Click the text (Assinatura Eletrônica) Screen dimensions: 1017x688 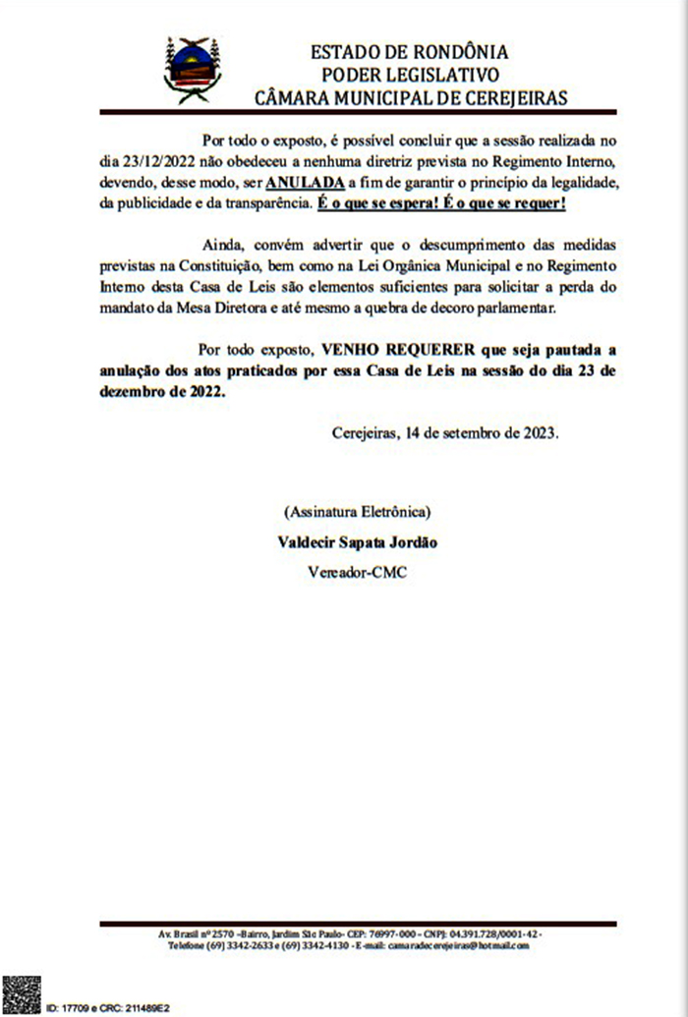click(357, 512)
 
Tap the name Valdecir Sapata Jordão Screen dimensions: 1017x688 click(357, 542)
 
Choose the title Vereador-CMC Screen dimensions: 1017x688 click(357, 573)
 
